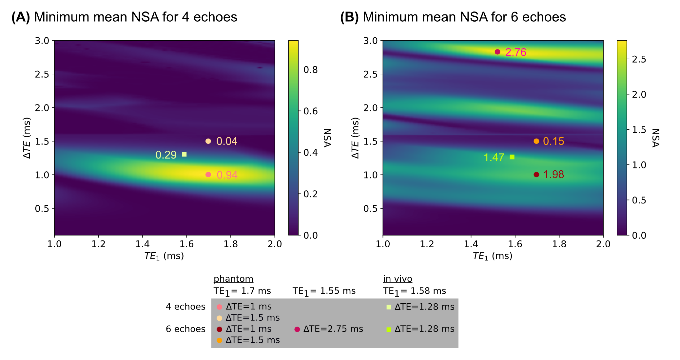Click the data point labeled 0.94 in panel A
tap(208, 175)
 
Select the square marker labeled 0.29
tap(184, 154)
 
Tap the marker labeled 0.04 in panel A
tap(208, 141)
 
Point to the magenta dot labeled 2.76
tap(497, 52)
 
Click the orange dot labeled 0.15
tap(536, 141)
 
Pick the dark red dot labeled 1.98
tap(536, 175)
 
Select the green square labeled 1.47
tap(512, 157)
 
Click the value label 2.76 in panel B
tap(515, 52)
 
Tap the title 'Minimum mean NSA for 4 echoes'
tap(135, 17)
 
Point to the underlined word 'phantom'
tap(233, 279)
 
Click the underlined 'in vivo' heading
tap(398, 279)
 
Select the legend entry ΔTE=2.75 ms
tap(333, 329)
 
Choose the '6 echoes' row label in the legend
tap(185, 329)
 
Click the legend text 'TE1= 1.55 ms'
tap(324, 291)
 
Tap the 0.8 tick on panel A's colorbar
tap(310, 70)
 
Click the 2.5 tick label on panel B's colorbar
tap(639, 59)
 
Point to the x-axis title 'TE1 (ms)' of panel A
tap(164, 256)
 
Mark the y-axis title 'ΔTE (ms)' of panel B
tap(355, 138)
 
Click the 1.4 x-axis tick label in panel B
tap(471, 244)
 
